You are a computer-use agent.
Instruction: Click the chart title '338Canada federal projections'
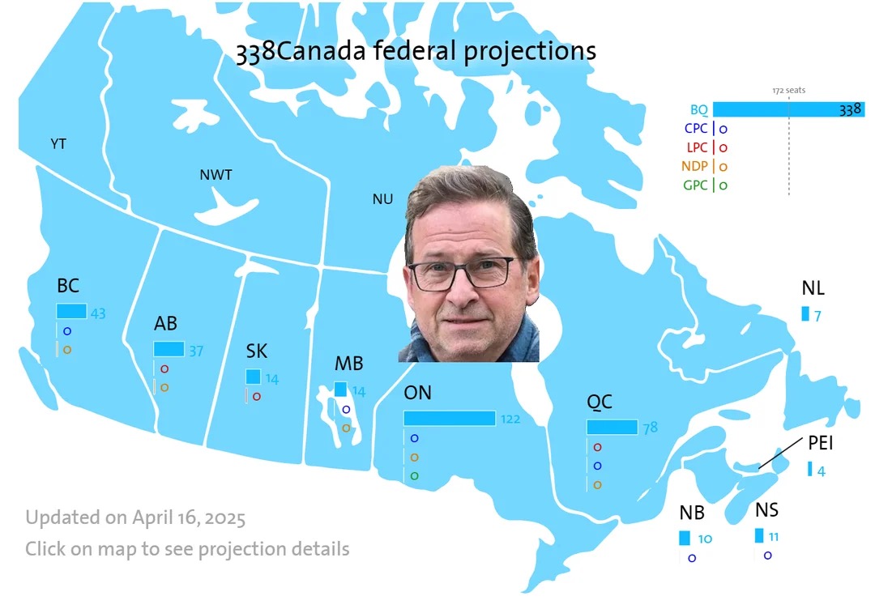(416, 51)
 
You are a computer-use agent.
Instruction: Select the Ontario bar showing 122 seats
(449, 418)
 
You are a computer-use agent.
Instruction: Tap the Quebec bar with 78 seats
(612, 428)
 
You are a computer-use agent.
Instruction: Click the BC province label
(68, 286)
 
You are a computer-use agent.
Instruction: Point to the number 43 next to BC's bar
(98, 313)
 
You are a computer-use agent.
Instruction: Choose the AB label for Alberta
(165, 323)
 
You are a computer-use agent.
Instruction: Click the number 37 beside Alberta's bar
(196, 351)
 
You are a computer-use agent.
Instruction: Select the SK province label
(257, 351)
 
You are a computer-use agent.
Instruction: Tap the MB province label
(348, 364)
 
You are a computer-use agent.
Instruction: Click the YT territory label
(58, 144)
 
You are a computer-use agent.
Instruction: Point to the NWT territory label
(216, 175)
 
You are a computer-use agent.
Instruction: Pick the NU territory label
(382, 199)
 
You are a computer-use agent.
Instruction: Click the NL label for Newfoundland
(813, 287)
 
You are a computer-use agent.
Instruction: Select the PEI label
(820, 443)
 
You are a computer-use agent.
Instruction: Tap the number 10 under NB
(705, 539)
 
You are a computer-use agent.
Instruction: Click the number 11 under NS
(774, 537)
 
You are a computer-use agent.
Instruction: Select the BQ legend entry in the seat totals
(698, 110)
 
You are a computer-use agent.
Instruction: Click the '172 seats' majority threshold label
(788, 91)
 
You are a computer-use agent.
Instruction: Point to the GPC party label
(695, 185)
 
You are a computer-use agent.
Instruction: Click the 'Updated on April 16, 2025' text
(135, 518)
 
